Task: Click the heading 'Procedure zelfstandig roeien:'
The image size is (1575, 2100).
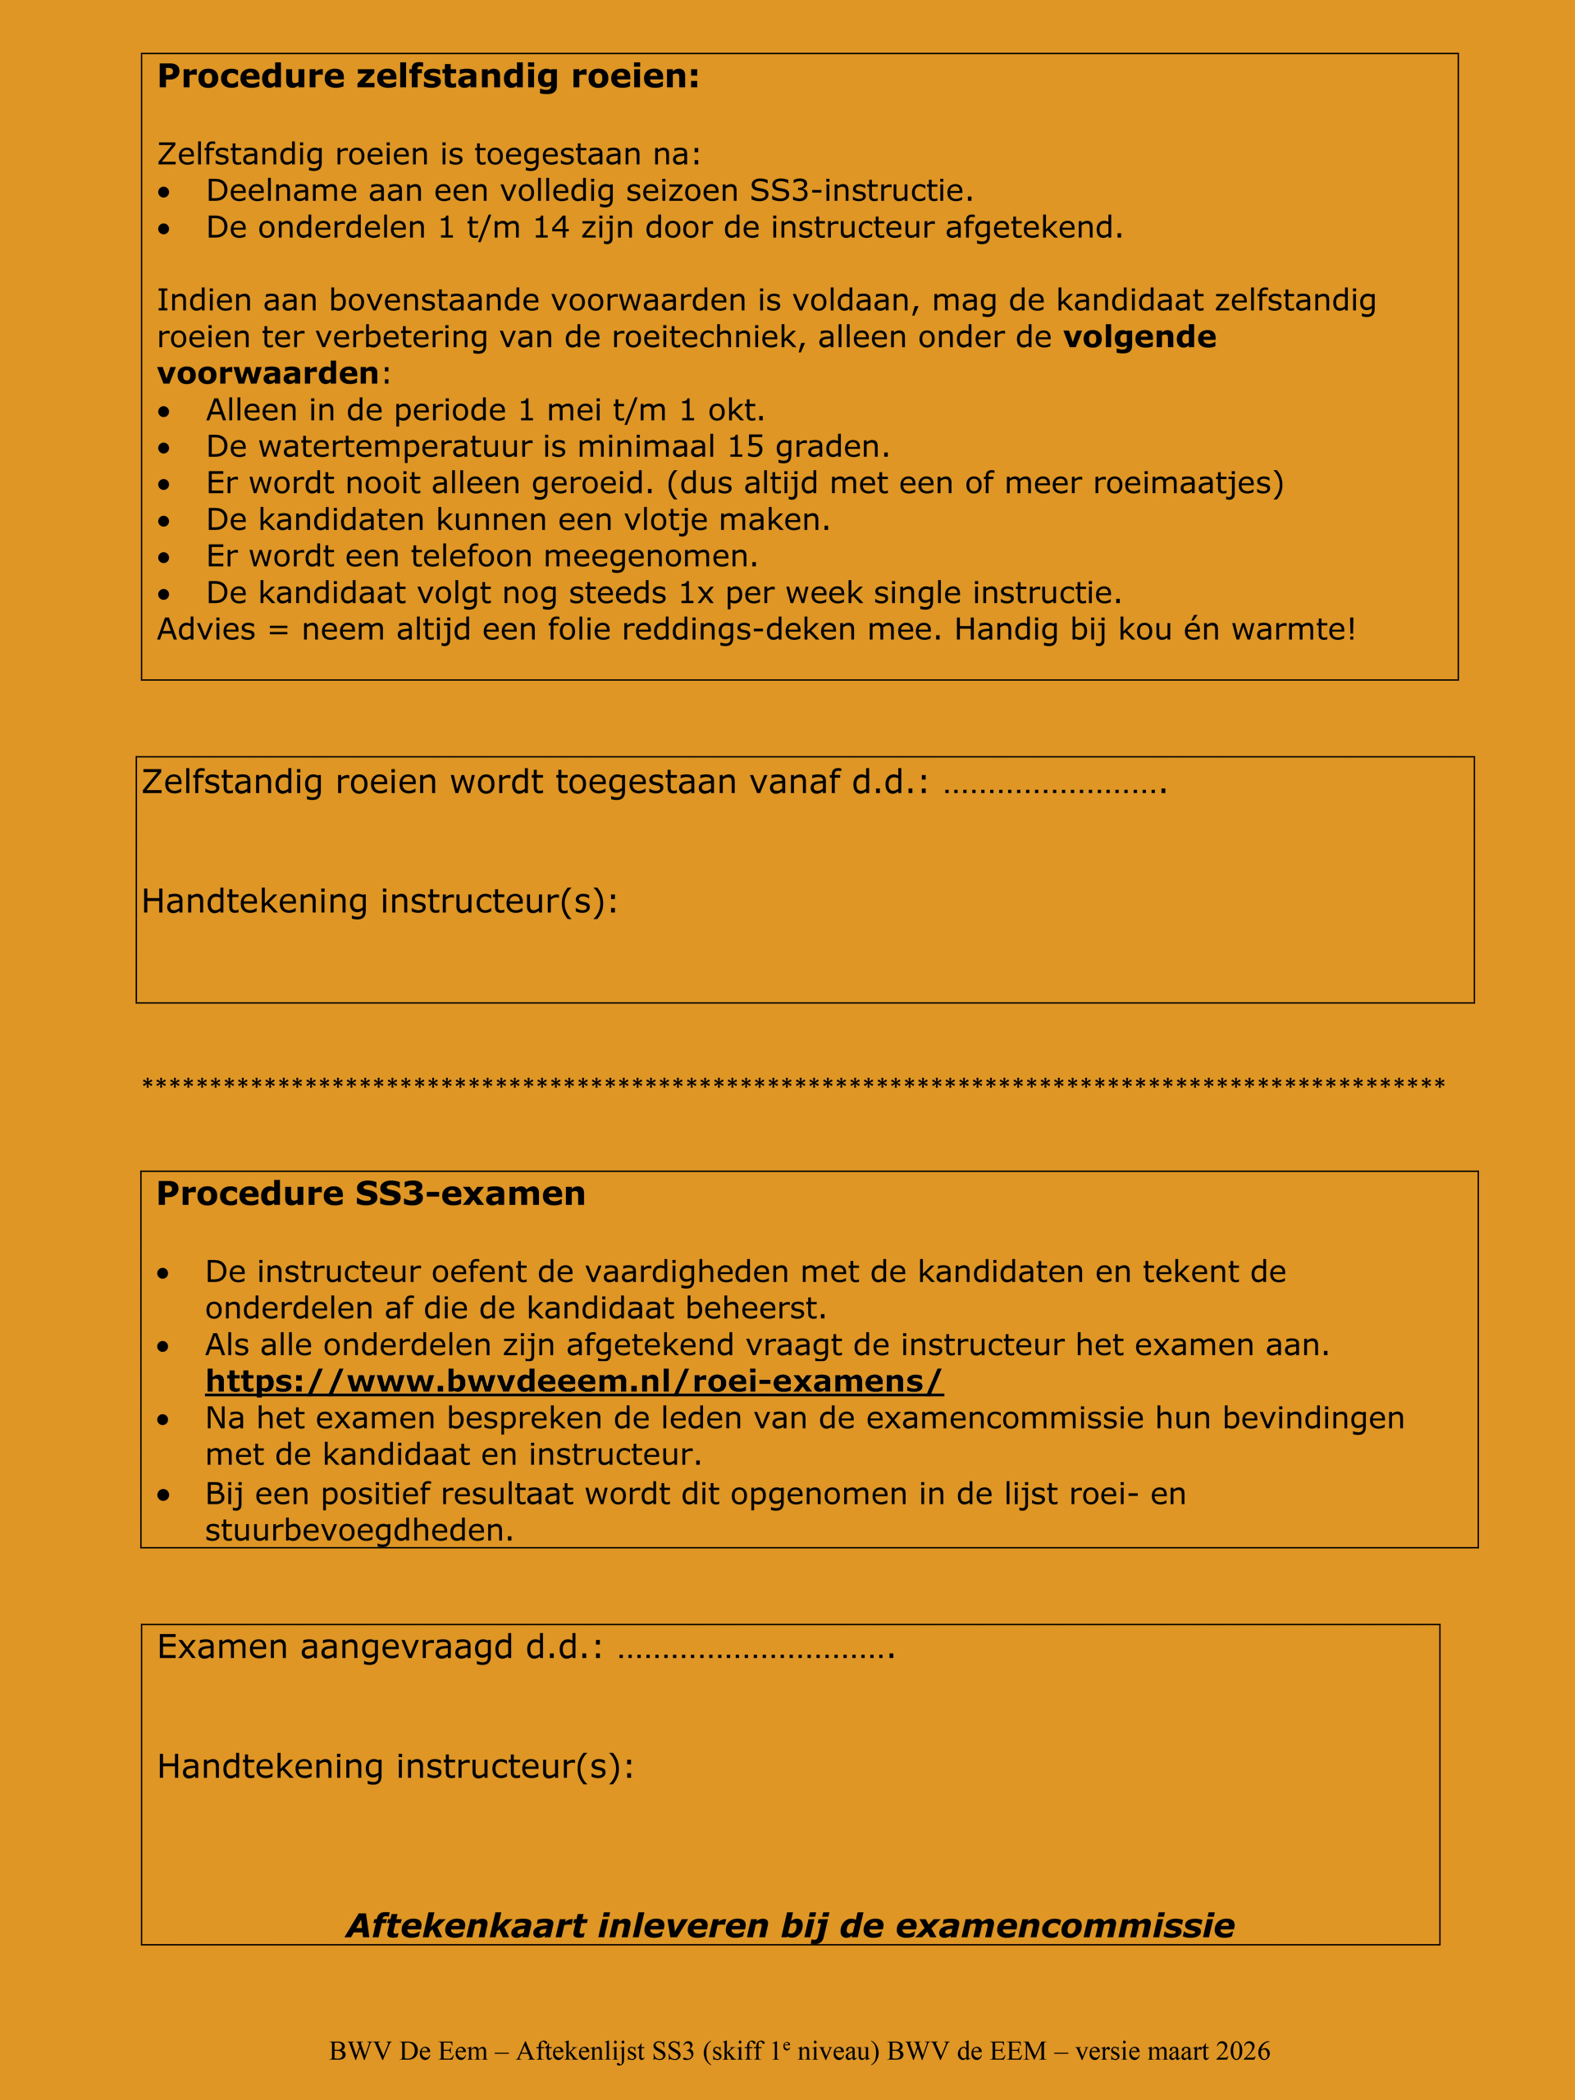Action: coord(427,77)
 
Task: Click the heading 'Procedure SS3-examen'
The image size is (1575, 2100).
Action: coord(370,1194)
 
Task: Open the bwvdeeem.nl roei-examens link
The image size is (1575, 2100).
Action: coord(574,1381)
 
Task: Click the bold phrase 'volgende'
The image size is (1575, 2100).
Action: coord(1139,337)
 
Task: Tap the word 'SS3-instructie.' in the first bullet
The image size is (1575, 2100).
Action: coord(862,191)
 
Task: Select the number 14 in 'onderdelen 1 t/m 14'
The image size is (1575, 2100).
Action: coord(550,228)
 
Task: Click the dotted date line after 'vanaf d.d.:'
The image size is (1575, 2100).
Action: coord(1055,784)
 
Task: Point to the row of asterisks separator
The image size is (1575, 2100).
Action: coord(792,1084)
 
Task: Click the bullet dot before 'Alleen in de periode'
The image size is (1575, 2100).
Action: coord(165,411)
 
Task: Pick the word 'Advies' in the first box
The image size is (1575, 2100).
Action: coord(206,629)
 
